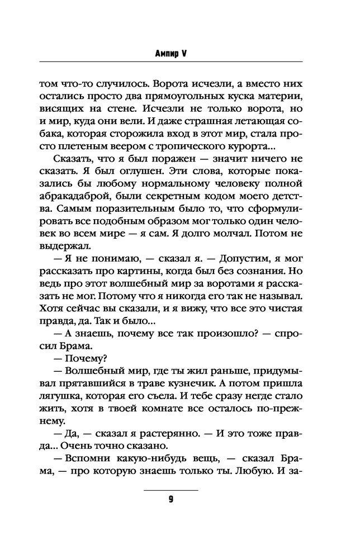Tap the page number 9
click(171, 500)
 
